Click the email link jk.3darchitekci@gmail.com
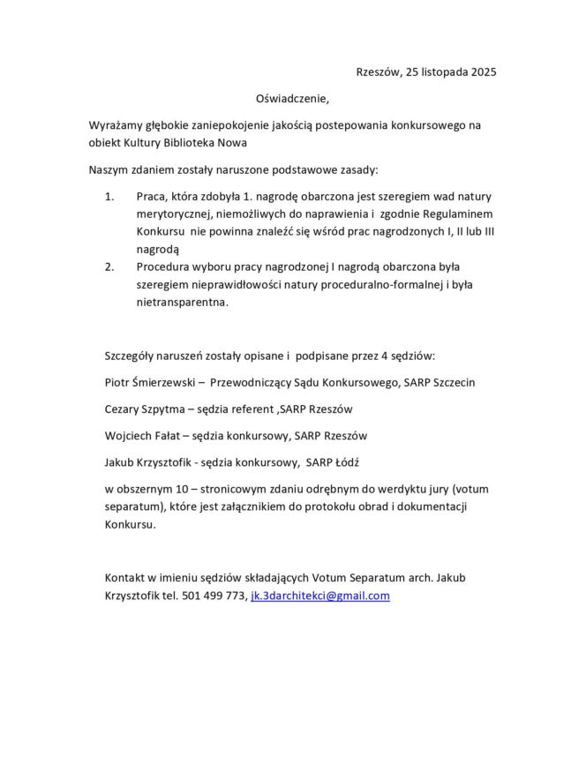point(320,596)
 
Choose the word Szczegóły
point(132,356)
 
